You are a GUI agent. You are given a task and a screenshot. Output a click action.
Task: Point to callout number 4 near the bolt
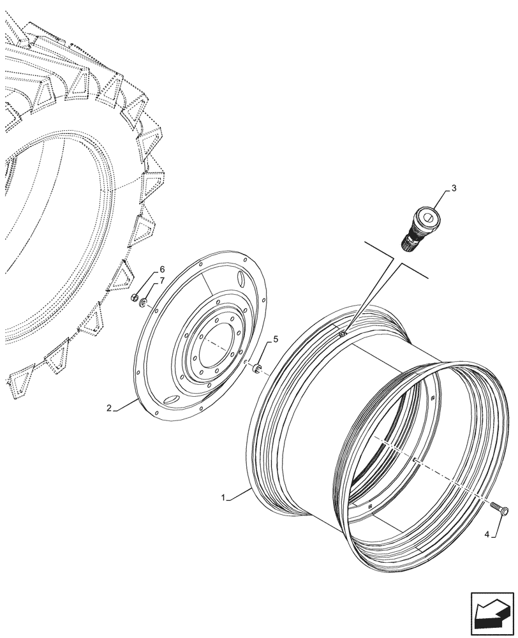point(488,535)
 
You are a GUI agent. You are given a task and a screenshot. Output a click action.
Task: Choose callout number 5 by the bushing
point(275,339)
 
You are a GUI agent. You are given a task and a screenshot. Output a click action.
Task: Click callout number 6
point(144,269)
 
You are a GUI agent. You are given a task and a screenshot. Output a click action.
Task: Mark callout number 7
point(144,281)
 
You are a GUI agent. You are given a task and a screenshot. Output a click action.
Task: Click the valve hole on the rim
point(343,332)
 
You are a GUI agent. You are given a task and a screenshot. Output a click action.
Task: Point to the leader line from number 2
point(124,404)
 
